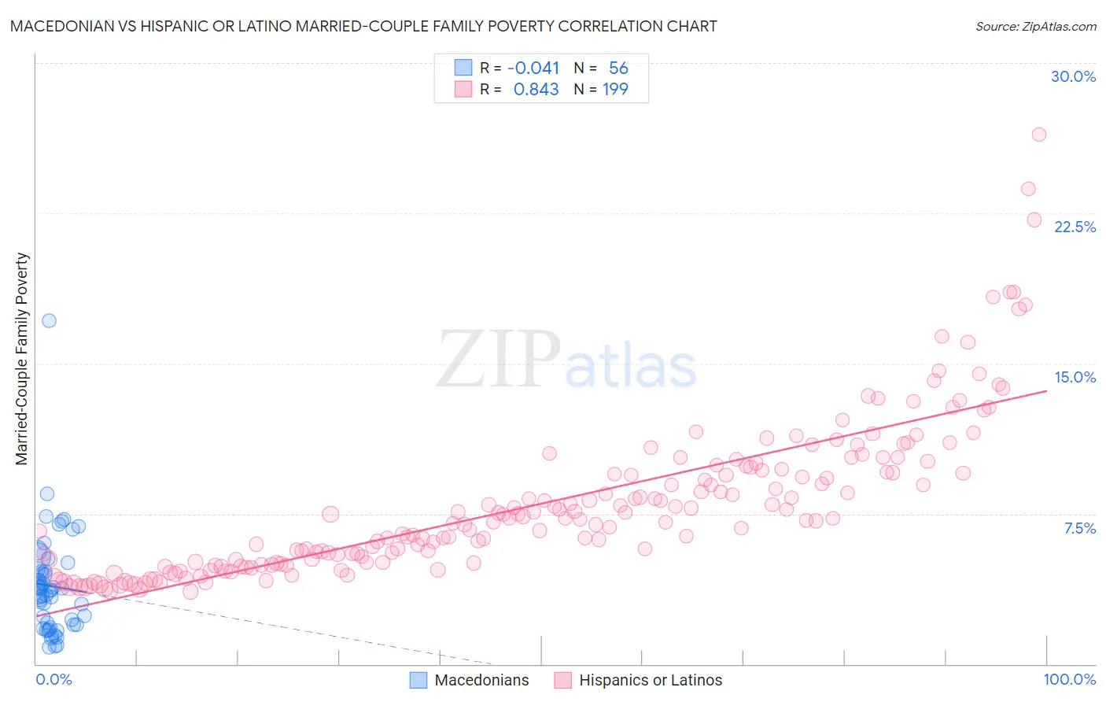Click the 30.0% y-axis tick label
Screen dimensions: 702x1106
(1073, 76)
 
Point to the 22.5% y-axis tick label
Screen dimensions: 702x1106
(1075, 227)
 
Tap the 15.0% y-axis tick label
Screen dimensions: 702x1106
(1075, 377)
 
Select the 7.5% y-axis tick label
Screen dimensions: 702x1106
(1079, 528)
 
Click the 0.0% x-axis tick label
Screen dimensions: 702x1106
(53, 679)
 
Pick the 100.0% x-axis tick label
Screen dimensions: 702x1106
(1069, 679)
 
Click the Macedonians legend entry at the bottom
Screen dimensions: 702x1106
(470, 680)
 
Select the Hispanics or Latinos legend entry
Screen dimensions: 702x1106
(638, 680)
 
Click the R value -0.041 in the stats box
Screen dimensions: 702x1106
(533, 68)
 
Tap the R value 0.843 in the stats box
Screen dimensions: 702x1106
(536, 89)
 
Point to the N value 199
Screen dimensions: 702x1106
(615, 89)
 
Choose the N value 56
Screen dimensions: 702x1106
(618, 68)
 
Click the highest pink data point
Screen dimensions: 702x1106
(1038, 135)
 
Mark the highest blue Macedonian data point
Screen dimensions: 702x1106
(49, 320)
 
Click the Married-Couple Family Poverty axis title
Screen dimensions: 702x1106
(21, 359)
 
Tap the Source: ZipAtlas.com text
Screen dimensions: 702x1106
(1035, 26)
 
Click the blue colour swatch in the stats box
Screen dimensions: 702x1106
(463, 68)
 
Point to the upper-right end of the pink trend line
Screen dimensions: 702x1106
(1046, 390)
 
